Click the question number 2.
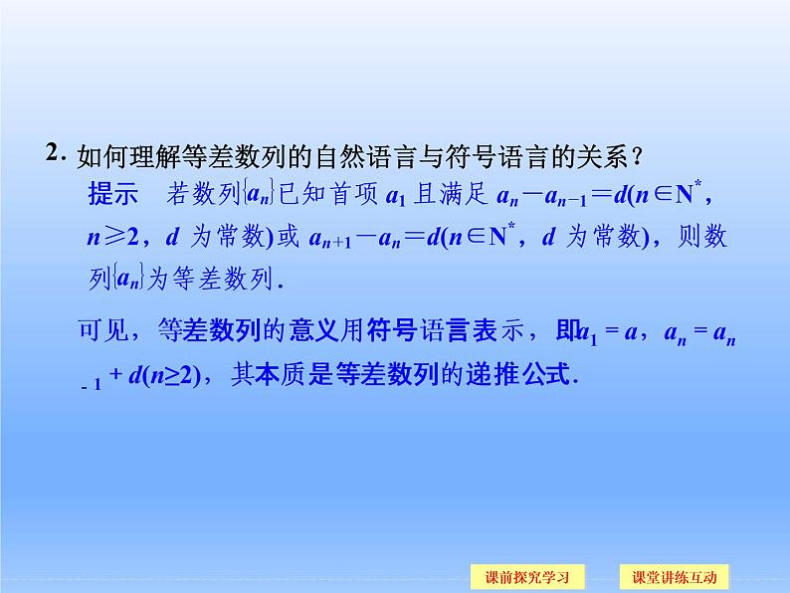[x=55, y=155]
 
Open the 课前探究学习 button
[x=527, y=577]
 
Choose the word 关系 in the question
[x=606, y=157]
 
